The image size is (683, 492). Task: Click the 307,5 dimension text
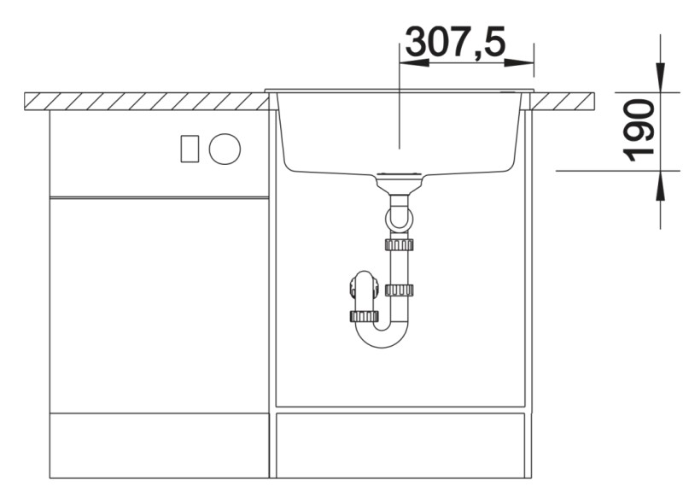pos(455,42)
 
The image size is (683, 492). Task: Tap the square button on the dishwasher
pos(189,149)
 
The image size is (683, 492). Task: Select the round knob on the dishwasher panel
pos(225,149)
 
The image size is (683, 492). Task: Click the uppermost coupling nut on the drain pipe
pos(399,245)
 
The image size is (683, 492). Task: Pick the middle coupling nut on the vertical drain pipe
pos(399,290)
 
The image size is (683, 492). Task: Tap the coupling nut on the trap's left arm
pos(365,316)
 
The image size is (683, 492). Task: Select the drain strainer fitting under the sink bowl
pos(399,182)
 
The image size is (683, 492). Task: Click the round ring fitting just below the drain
pos(399,220)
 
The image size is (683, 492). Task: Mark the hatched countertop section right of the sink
pos(563,101)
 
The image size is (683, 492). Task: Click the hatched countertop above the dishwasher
pos(145,101)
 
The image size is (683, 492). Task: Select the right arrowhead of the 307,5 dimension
pos(525,62)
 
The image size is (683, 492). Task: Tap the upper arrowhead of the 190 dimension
pos(661,81)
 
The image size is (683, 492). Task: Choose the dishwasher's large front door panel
pos(160,304)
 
